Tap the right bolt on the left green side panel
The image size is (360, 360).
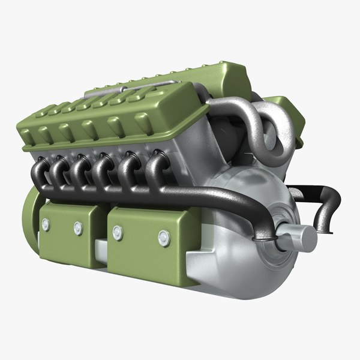77,228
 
